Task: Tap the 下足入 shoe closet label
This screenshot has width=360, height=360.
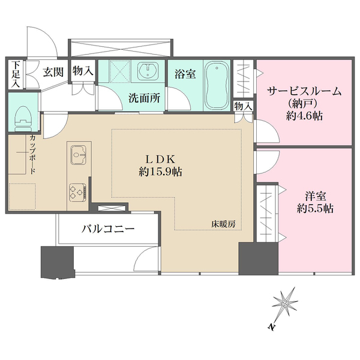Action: coord(16,74)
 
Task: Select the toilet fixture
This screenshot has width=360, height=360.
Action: coord(23,116)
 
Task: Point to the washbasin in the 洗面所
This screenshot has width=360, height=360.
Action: coord(146,73)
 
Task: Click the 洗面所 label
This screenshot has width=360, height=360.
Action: coord(145,99)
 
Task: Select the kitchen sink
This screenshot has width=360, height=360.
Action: coord(79,155)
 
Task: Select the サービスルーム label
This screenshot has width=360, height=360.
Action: coord(304,92)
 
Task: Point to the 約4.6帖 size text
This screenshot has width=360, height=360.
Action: coord(304,116)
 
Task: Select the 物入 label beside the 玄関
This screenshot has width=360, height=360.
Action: coord(83,71)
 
